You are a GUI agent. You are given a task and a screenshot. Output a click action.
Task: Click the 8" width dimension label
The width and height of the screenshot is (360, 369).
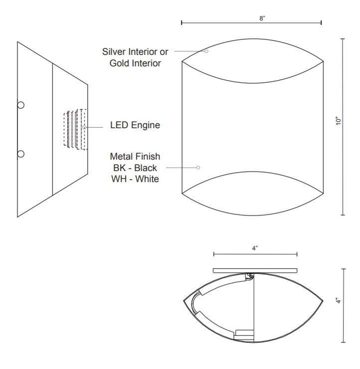coord(262,18)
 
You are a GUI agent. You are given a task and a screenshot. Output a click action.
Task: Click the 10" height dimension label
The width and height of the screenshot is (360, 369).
coord(339,121)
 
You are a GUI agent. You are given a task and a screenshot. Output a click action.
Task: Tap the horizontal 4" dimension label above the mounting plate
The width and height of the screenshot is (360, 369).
coord(255,248)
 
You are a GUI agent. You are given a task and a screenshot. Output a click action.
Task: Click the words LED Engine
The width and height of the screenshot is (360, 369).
coord(135,125)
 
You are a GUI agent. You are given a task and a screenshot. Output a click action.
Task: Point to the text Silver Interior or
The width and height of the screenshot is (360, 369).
coord(136,51)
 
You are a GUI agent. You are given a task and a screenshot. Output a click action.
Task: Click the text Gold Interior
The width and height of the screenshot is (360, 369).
coord(136,63)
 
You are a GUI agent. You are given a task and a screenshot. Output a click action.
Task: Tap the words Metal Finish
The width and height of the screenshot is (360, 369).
coord(135,157)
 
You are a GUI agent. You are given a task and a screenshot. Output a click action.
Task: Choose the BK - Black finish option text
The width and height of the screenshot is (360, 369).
coord(135,168)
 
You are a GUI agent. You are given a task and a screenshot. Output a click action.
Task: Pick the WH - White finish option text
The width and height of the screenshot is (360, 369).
coord(135,179)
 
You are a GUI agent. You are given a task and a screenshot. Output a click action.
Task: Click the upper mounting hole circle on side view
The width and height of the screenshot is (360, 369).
coord(20,105)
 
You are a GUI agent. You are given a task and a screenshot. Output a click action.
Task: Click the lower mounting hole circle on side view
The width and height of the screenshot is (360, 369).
coord(20,153)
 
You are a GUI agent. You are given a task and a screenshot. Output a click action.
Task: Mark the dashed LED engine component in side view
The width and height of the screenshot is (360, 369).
coord(75,129)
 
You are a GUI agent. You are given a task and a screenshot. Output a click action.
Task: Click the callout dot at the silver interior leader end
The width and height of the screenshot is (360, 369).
coord(206,51)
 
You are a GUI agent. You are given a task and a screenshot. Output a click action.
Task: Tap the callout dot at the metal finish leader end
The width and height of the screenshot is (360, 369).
coord(198,168)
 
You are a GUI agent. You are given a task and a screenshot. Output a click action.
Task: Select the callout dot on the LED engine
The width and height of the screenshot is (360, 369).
coord(84,128)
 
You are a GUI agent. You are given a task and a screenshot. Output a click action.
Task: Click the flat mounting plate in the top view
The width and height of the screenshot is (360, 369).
coord(255,270)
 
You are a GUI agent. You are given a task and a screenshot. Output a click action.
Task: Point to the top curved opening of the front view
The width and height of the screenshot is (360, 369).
coord(252,61)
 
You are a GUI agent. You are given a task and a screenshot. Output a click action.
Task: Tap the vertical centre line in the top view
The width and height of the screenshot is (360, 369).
coord(255,309)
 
